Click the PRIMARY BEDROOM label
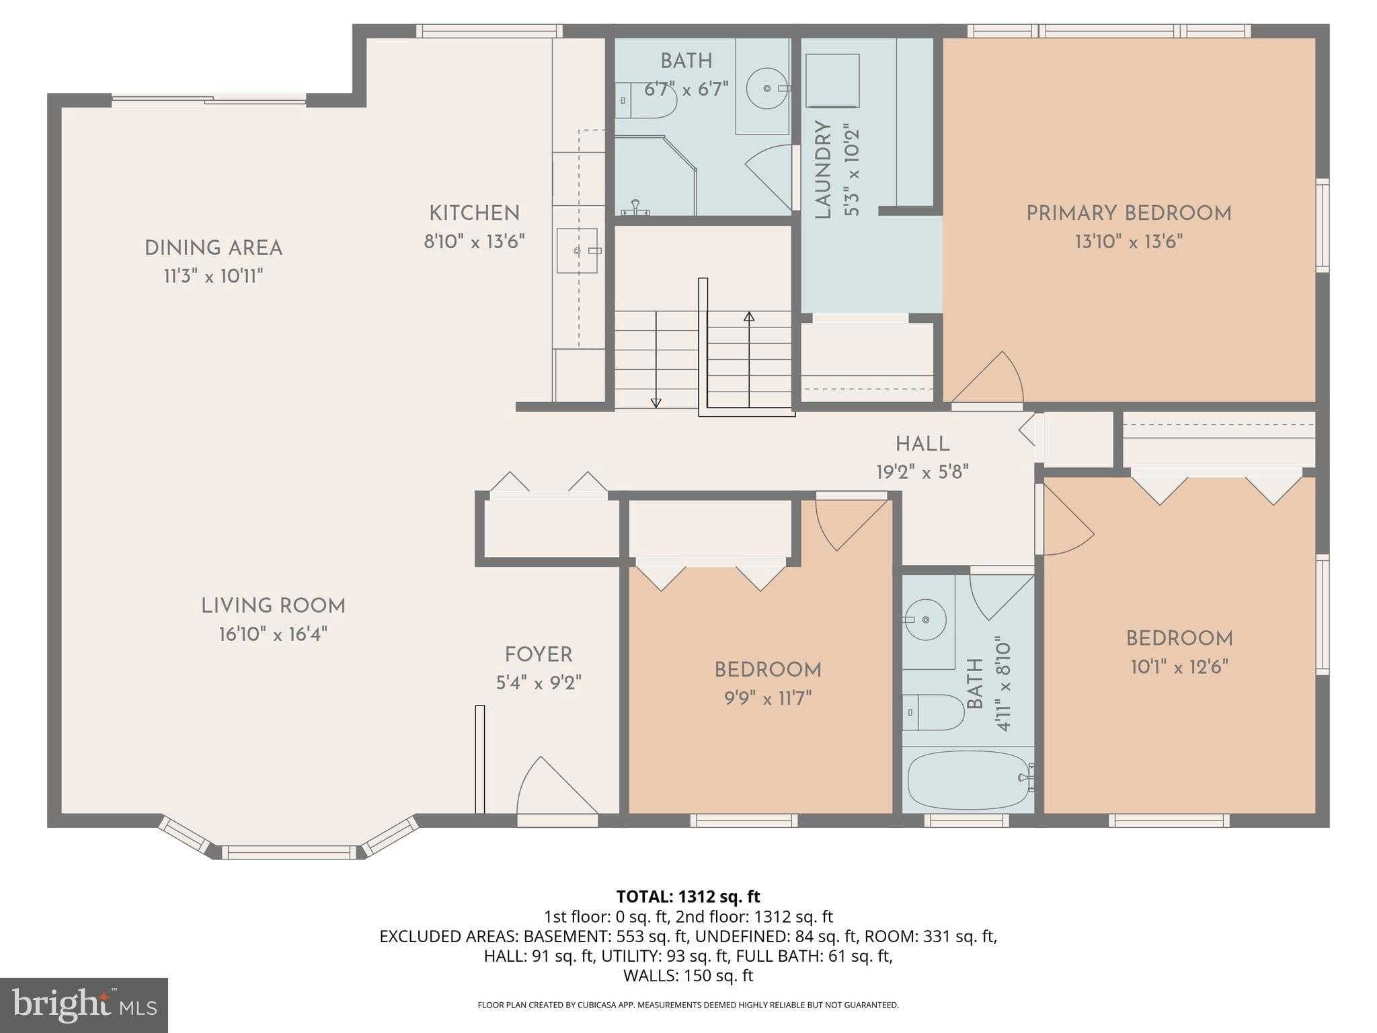tap(1128, 214)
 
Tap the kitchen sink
tap(577, 250)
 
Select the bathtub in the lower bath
tap(968, 780)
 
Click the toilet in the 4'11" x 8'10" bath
tap(931, 712)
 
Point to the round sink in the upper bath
tap(767, 88)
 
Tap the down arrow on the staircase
tap(656, 402)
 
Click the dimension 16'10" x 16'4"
tap(273, 634)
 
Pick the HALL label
tap(922, 444)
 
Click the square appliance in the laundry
tap(832, 80)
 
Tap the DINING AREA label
tap(213, 248)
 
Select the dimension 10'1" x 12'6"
tap(1179, 667)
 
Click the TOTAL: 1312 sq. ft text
tap(688, 896)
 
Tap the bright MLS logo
tap(83, 1005)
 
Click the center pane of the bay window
tap(289, 853)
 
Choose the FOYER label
tap(539, 654)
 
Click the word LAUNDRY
tap(823, 169)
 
